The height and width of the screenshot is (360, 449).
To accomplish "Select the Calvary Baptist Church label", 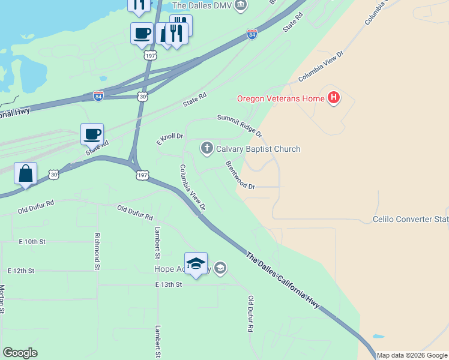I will click(x=258, y=149).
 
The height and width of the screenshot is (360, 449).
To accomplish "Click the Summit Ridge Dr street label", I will click(x=240, y=124).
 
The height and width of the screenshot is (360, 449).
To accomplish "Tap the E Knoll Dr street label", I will click(x=169, y=139).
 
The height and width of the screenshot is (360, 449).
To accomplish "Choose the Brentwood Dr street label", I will click(x=240, y=175).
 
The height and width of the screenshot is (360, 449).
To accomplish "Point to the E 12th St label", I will click(x=20, y=271).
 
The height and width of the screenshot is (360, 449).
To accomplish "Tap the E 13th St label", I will click(x=168, y=284).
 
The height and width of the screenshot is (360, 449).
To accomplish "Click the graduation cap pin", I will click(x=196, y=264).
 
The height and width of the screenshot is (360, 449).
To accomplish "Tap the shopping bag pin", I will click(x=25, y=174).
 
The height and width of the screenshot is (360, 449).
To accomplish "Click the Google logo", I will click(x=20, y=353).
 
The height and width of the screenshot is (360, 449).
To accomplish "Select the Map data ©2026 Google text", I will click(x=412, y=355).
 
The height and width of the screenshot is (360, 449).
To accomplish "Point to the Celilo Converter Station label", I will click(x=411, y=219).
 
